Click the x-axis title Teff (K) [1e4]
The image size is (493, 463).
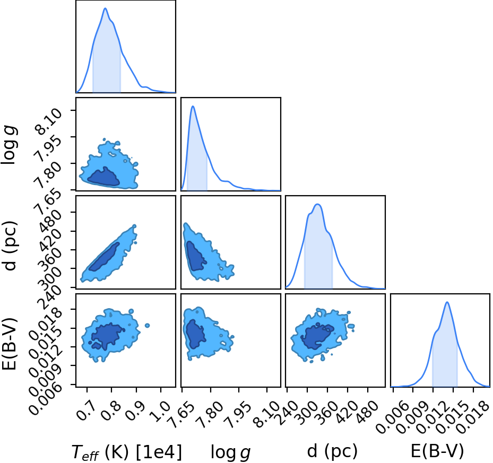[x=127, y=452]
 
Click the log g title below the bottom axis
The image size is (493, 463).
[x=230, y=452]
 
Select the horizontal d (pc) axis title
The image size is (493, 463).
[x=332, y=451]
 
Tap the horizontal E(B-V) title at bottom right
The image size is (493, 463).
[x=437, y=451]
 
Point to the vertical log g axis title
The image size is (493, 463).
[x=9, y=145]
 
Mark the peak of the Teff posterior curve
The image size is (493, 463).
[x=105, y=8]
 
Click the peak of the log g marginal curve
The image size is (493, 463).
[x=193, y=106]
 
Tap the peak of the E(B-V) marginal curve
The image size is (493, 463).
[x=447, y=302]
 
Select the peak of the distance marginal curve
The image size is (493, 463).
[x=318, y=204]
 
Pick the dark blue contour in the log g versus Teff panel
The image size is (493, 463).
[x=103, y=177]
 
